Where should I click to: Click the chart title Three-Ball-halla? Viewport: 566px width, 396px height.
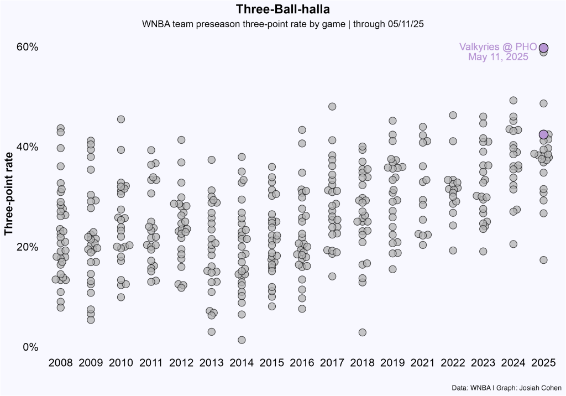click(282, 9)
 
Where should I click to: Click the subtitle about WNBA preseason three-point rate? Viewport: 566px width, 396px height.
click(282, 24)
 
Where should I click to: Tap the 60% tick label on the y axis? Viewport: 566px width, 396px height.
click(27, 48)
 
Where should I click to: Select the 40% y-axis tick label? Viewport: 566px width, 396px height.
click(27, 147)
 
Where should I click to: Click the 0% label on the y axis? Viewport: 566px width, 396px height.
click(30, 347)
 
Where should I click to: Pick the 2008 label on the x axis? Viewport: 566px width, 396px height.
click(61, 363)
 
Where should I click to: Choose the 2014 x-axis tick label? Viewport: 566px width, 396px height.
click(242, 363)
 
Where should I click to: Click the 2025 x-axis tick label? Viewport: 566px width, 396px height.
click(543, 363)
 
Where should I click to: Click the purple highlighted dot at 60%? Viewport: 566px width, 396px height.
click(544, 48)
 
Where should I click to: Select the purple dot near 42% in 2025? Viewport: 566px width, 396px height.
click(543, 134)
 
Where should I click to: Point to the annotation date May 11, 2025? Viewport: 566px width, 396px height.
click(498, 56)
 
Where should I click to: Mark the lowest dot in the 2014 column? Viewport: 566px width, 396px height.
click(242, 340)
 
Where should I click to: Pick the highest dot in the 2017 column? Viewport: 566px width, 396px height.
click(332, 106)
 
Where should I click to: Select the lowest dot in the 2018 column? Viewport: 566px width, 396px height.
click(363, 332)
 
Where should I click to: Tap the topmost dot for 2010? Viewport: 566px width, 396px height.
click(121, 119)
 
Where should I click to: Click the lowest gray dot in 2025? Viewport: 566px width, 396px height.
click(543, 260)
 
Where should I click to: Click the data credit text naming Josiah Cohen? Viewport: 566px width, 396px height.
click(502, 388)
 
